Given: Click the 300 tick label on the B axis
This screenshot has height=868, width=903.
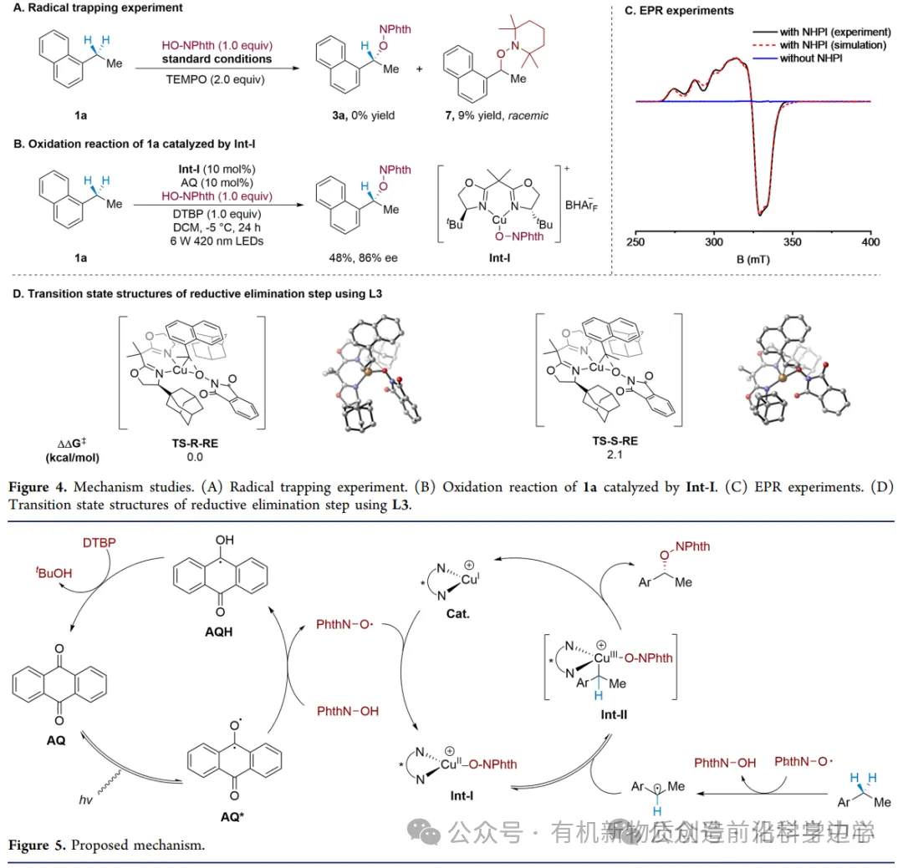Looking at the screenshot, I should [x=713, y=242].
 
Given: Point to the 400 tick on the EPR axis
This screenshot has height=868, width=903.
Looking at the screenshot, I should [x=870, y=242].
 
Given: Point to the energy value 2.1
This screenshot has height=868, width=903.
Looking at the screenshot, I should [x=594, y=456].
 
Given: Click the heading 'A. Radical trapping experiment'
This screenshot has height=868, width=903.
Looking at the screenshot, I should [x=98, y=8].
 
